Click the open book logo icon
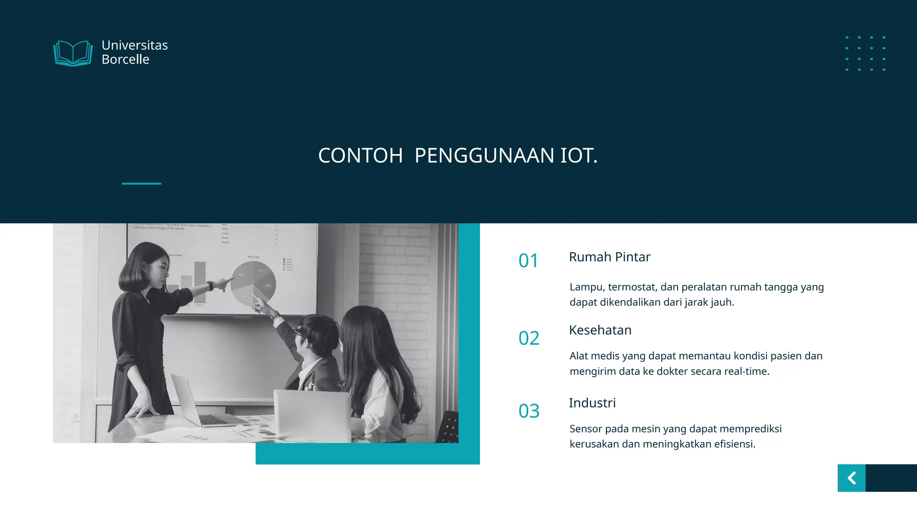click(73, 53)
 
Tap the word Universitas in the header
click(134, 45)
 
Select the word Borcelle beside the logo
click(125, 60)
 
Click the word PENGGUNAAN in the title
click(484, 156)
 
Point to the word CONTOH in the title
click(360, 156)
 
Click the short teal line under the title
click(141, 183)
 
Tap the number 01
click(528, 261)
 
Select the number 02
click(529, 338)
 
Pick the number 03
click(529, 411)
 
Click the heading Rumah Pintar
click(609, 257)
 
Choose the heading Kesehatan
click(600, 330)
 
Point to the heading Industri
click(592, 403)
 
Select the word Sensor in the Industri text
click(586, 429)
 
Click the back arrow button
click(852, 478)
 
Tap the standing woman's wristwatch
click(210, 286)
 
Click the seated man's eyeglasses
click(297, 333)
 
